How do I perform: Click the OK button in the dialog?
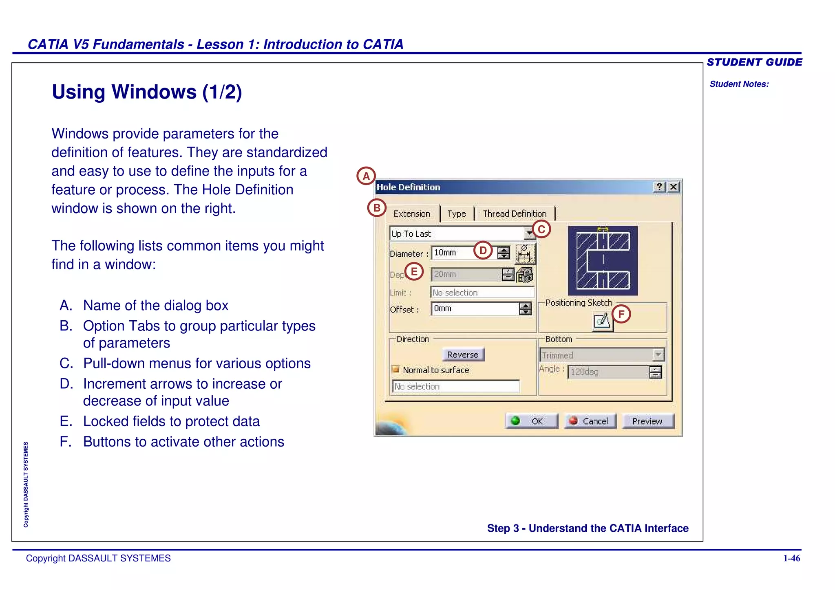pyautogui.click(x=532, y=421)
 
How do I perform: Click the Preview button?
pyautogui.click(x=648, y=421)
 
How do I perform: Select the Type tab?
pyautogui.click(x=456, y=214)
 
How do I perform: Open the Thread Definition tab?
pyautogui.click(x=515, y=214)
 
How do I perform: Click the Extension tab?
pyautogui.click(x=412, y=214)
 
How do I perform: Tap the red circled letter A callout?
pyautogui.click(x=366, y=176)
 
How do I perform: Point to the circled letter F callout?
pyautogui.click(x=621, y=314)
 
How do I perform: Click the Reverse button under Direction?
pyautogui.click(x=463, y=354)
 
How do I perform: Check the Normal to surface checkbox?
pyautogui.click(x=395, y=369)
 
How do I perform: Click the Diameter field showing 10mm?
pyautogui.click(x=453, y=253)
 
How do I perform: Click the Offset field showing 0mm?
pyautogui.click(x=475, y=308)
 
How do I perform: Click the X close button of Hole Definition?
pyautogui.click(x=674, y=187)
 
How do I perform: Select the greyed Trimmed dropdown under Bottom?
pyautogui.click(x=602, y=355)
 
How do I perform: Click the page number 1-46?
pyautogui.click(x=791, y=558)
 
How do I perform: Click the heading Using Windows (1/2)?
pyautogui.click(x=147, y=92)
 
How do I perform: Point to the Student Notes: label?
pyautogui.click(x=739, y=84)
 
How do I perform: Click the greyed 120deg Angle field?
pyautogui.click(x=607, y=372)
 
